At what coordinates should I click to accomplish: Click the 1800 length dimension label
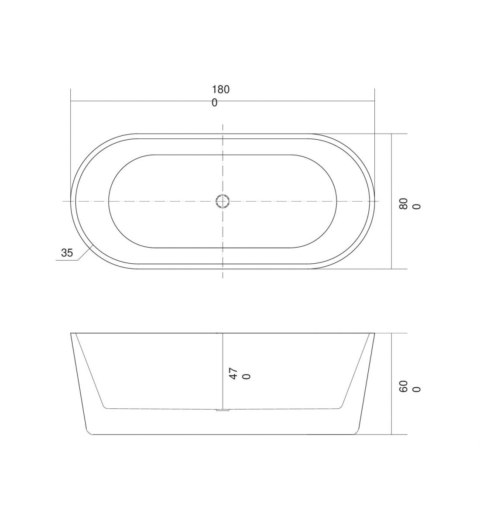(220, 96)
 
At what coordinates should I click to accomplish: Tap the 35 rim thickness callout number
(67, 252)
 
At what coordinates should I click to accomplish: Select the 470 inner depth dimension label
(240, 373)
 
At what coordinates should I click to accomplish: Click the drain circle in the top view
(223, 201)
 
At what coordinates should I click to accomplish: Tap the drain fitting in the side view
(223, 410)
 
